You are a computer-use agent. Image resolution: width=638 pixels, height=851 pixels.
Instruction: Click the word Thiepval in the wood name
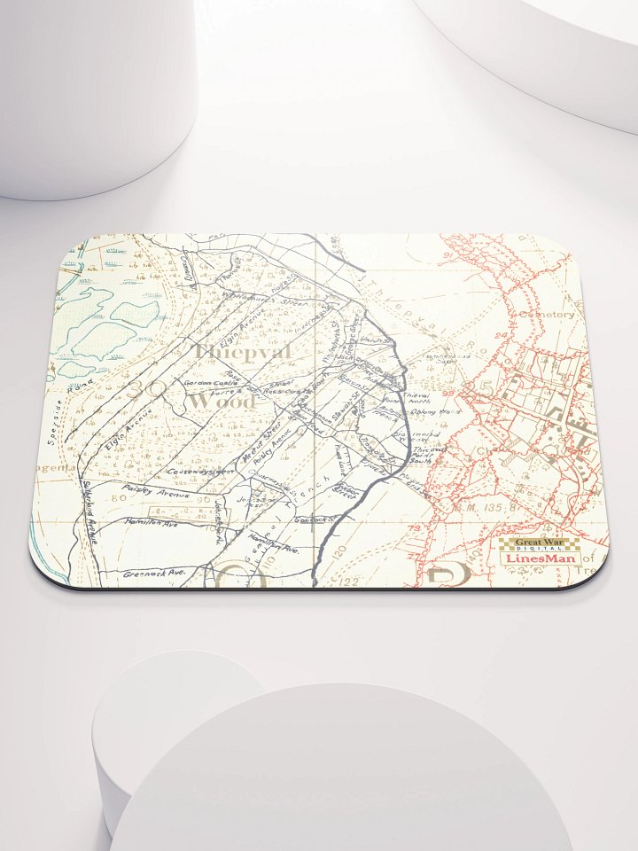point(242,352)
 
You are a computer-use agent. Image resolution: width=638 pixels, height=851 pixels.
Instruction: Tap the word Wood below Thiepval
point(222,402)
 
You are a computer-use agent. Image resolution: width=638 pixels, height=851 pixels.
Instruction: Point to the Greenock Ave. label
point(154,574)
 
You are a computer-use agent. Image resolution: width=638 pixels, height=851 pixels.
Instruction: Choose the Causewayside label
point(199,472)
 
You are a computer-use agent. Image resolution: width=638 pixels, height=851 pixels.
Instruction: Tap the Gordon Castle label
point(206,383)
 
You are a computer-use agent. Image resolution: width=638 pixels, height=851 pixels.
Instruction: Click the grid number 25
point(483,387)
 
